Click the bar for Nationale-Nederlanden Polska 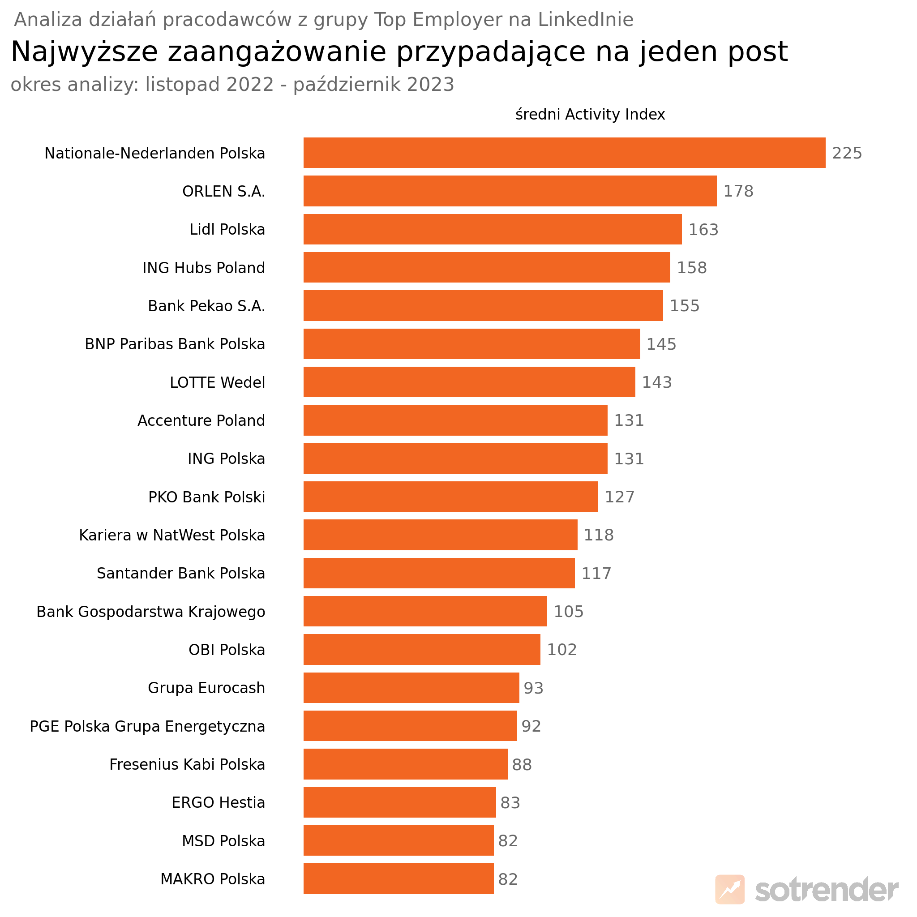(564, 153)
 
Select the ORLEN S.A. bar (510, 191)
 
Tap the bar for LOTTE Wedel (469, 382)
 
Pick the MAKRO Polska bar (398, 879)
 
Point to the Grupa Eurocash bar (411, 688)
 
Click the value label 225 (847, 153)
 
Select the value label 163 (703, 230)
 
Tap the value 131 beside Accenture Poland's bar (629, 420)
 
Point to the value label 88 (522, 765)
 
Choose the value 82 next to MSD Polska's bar (507, 841)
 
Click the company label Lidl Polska (227, 230)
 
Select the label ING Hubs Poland (204, 268)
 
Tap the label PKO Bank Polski (206, 497)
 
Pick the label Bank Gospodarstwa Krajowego (150, 612)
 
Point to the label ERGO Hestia (218, 803)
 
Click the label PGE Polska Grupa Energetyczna (147, 727)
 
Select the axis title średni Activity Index (590, 114)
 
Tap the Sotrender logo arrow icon (729, 889)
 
